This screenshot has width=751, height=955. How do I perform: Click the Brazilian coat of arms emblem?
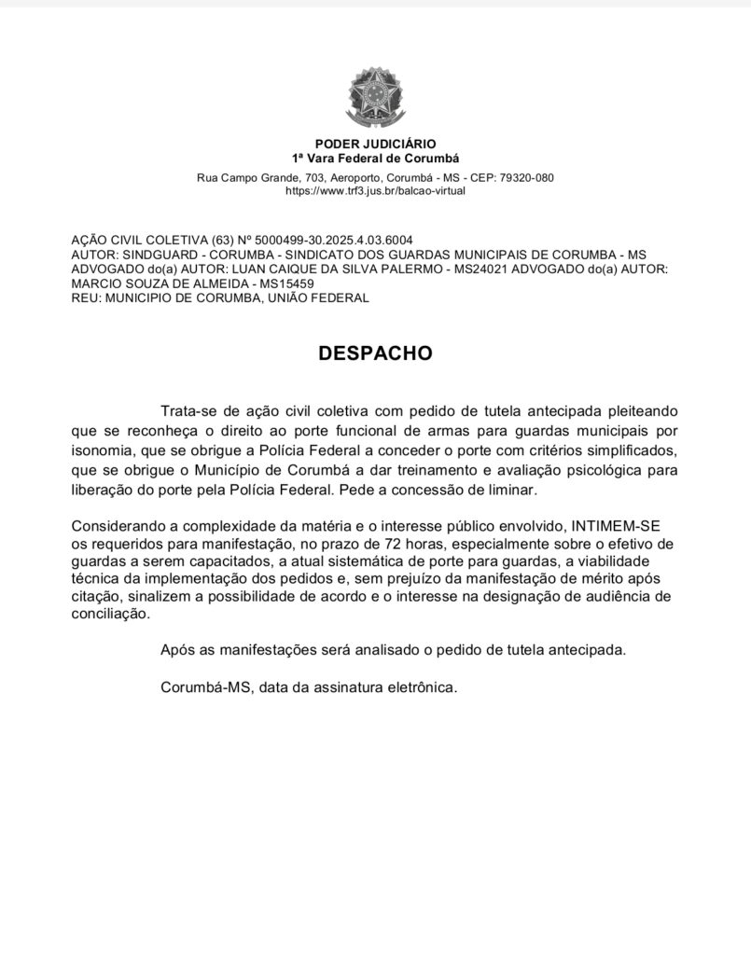coord(375,98)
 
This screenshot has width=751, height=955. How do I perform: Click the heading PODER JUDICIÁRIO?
coord(375,145)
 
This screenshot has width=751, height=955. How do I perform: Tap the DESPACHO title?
coord(375,354)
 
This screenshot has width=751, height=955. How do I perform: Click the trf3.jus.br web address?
coord(375,190)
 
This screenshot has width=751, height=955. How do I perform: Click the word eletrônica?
coord(423,687)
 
